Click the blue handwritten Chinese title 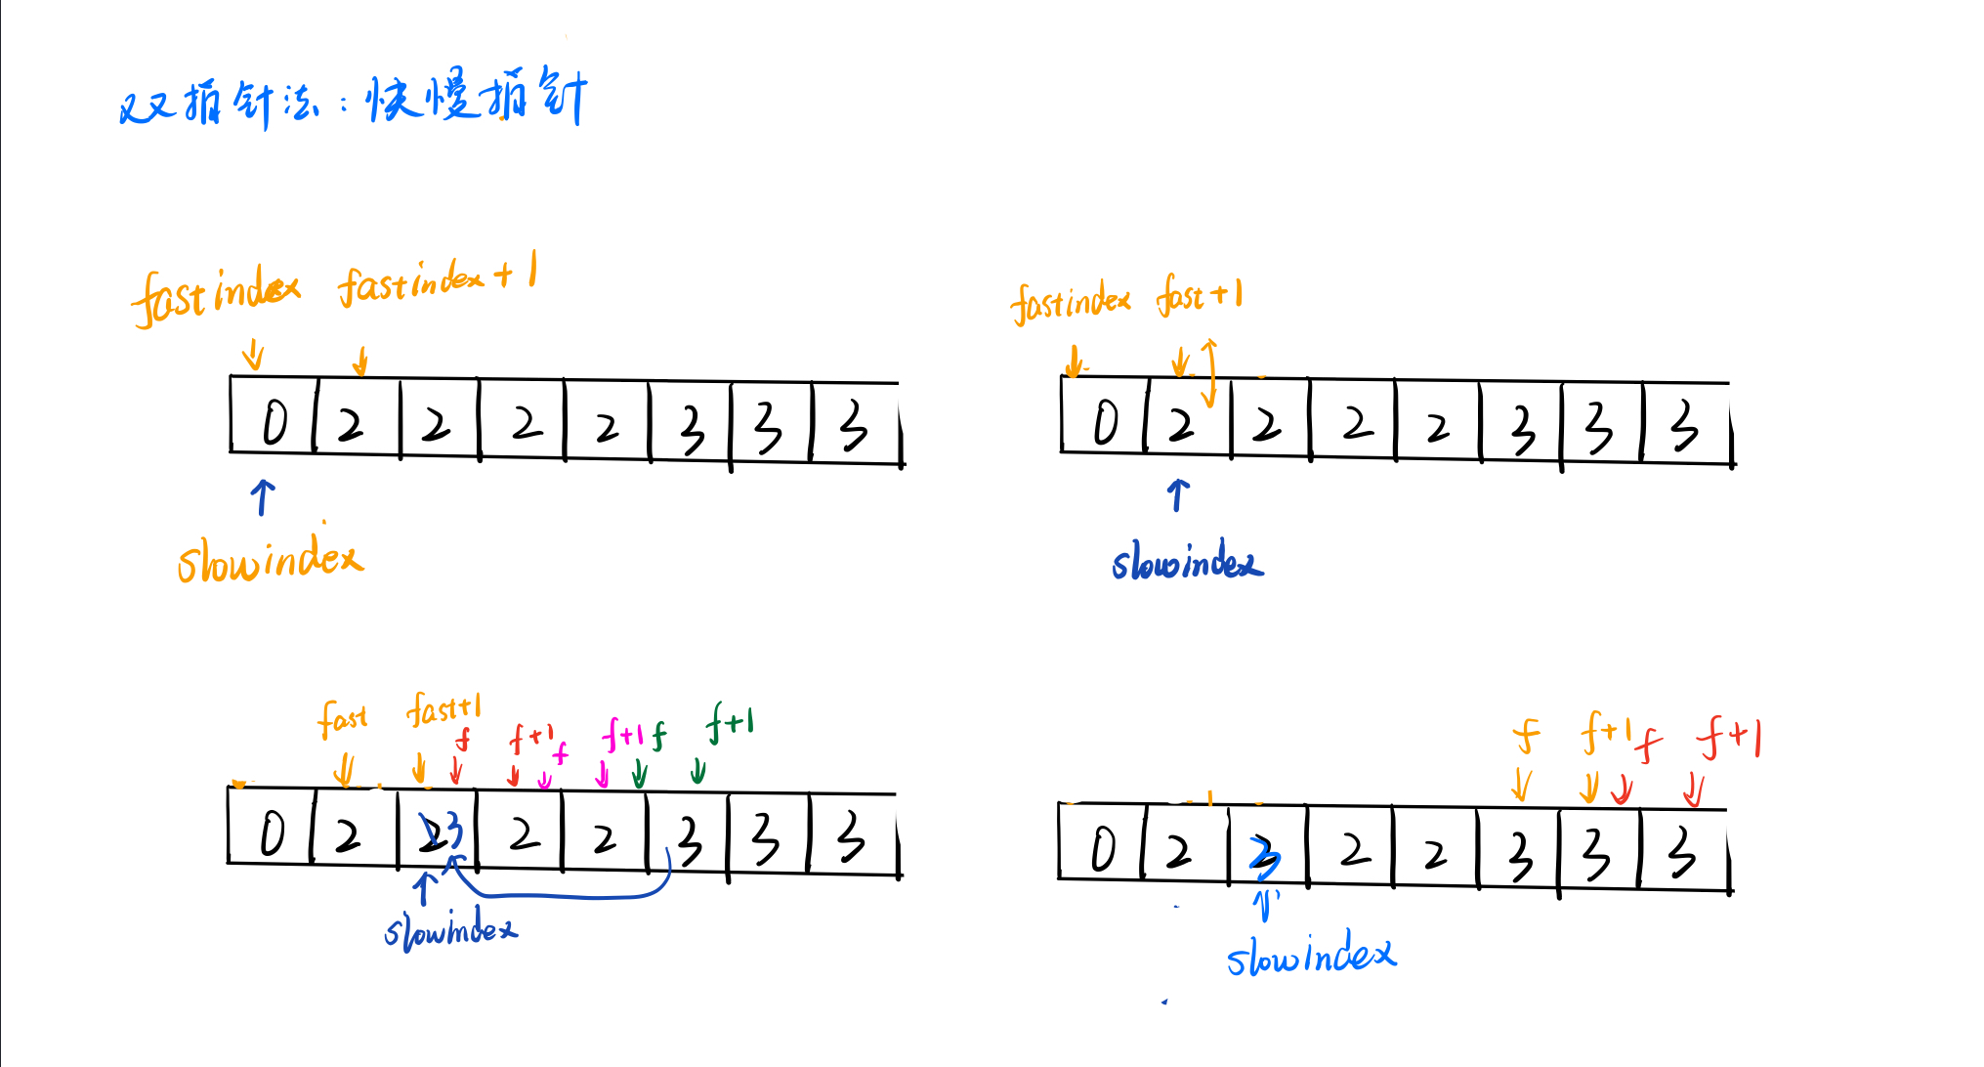352,100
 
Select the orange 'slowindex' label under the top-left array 270,561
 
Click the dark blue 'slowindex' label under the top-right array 1186,563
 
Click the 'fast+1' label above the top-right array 1200,295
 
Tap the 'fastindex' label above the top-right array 1071,302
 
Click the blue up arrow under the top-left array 262,496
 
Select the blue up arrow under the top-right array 1178,494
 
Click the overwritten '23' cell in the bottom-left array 439,833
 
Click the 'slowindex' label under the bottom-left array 450,929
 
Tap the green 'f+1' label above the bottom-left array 730,723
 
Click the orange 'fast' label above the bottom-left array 342,719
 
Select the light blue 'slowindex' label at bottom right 1311,955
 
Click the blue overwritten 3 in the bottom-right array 1264,855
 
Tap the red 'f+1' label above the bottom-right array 1729,737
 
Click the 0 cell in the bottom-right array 1102,848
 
